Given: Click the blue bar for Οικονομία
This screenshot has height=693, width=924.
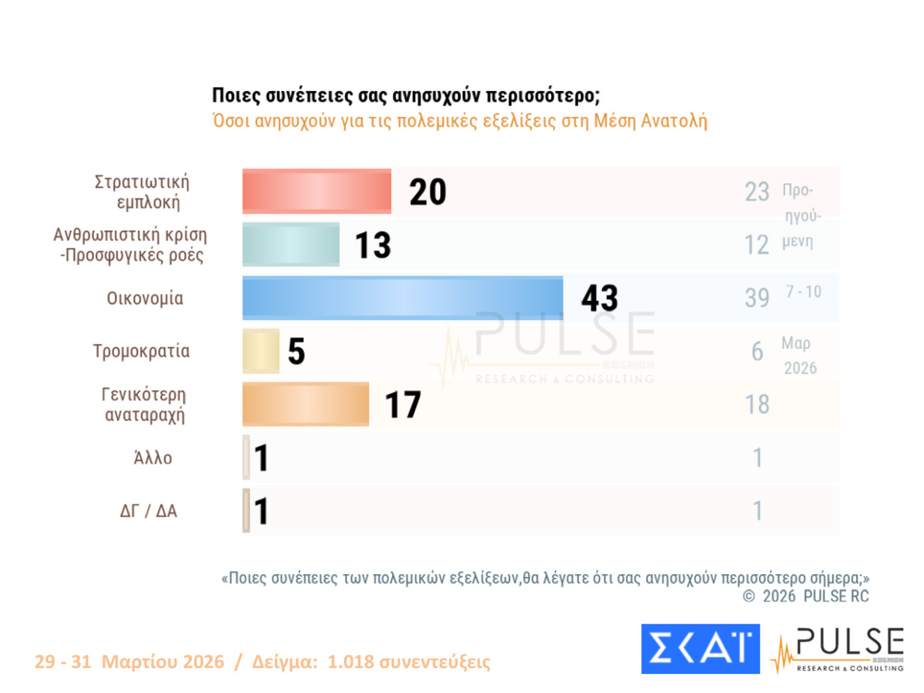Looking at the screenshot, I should tap(402, 298).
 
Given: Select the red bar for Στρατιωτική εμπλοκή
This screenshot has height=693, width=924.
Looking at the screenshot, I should tap(317, 191).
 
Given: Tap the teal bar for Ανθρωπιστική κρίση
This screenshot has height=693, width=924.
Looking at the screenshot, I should tap(291, 244).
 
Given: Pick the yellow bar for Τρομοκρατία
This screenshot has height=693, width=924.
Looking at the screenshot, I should tap(261, 351).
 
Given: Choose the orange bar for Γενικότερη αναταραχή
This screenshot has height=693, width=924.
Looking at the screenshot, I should tap(306, 404).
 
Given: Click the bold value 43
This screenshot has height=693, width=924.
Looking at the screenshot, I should tap(599, 298).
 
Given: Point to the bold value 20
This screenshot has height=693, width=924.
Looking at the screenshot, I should tap(427, 192).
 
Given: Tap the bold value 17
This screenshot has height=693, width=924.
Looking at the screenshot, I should tap(403, 405).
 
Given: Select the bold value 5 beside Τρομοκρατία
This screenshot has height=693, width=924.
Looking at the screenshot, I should tap(296, 351).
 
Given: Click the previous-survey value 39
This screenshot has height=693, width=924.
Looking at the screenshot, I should tap(757, 298).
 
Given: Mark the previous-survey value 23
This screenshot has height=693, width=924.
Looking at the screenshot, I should tap(757, 192).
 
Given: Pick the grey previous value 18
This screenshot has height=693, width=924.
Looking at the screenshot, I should tap(757, 404).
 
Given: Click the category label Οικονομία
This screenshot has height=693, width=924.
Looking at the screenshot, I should tap(145, 298).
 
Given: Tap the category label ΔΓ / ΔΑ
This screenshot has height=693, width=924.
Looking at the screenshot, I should tap(148, 511).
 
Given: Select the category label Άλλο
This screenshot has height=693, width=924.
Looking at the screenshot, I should tap(153, 458).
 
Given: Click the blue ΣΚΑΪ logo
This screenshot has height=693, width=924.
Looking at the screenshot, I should tap(700, 649).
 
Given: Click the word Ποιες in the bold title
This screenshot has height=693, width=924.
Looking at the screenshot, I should tap(236, 96).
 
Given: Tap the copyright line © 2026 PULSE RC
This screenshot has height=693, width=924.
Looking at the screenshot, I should tap(806, 597).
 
